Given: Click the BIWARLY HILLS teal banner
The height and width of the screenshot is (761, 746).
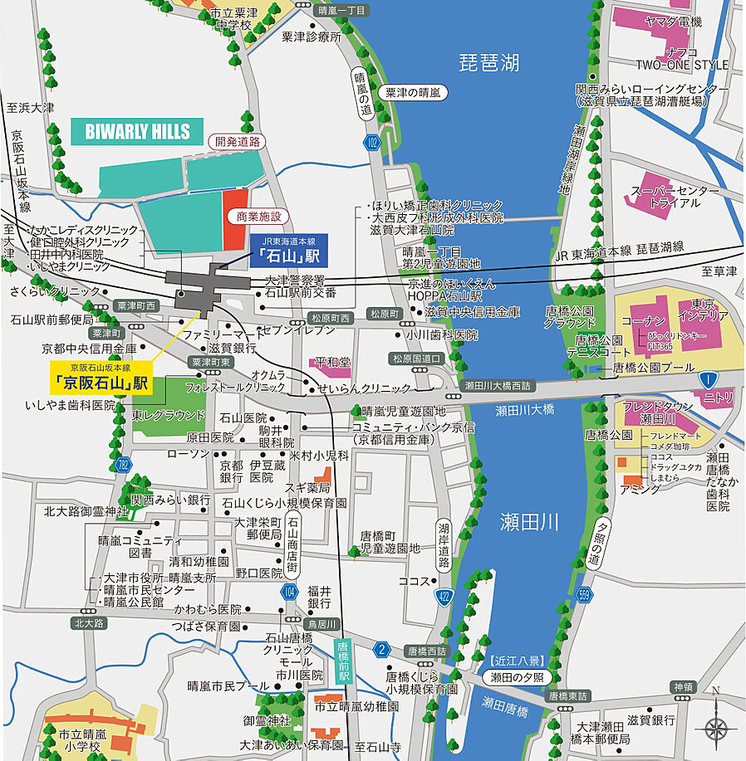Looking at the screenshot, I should (137, 131).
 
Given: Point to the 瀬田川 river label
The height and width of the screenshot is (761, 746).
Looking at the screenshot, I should (529, 522).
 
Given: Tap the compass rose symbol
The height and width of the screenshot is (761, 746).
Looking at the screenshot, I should (715, 728).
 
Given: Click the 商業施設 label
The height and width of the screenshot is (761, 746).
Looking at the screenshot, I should (259, 217).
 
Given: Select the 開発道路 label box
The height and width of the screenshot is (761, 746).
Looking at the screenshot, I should (238, 141).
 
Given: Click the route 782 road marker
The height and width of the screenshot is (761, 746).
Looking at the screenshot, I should (125, 463).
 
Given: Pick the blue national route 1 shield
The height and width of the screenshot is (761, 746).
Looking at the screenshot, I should (707, 378).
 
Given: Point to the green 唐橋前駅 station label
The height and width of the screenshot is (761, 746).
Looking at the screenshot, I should (341, 661).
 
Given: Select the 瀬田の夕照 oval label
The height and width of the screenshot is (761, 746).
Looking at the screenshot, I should (516, 677).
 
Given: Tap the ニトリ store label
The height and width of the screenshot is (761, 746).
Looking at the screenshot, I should (718, 398).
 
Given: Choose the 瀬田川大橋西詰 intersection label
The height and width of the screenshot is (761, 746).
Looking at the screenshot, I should (498, 386).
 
